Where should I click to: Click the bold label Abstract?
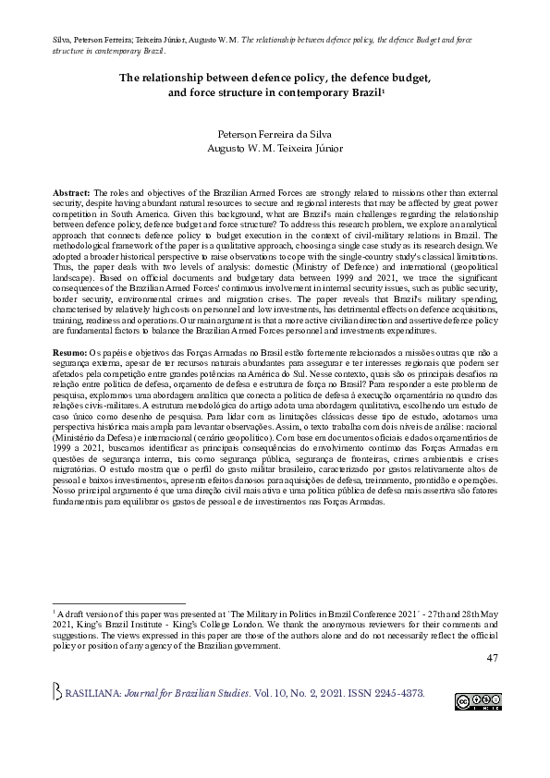coord(72,189)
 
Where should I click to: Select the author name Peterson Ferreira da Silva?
coord(274,133)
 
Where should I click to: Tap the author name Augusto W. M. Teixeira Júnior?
coord(274,148)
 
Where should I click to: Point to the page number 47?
coord(491,657)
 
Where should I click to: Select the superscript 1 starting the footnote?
coord(55,612)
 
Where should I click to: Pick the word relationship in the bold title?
coord(186,79)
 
